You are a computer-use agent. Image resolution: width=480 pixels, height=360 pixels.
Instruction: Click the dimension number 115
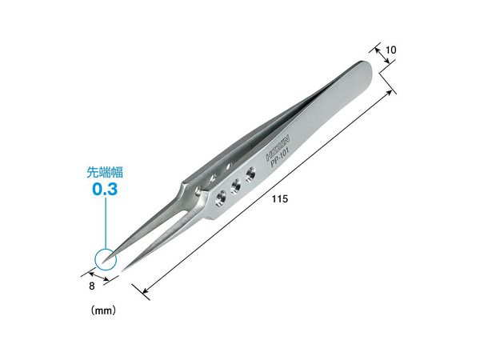tap(280, 199)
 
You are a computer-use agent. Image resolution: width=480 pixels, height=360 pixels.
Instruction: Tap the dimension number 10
tap(390, 50)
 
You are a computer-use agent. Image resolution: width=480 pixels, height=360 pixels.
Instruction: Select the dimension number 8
tap(92, 286)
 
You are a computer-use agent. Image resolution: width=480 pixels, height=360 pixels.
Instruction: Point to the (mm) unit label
tap(103, 310)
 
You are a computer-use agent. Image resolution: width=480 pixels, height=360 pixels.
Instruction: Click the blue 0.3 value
tap(105, 189)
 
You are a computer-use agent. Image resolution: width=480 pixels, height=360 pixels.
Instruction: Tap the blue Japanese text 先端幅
tap(105, 172)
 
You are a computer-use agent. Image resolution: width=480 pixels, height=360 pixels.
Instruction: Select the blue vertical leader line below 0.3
tap(106, 223)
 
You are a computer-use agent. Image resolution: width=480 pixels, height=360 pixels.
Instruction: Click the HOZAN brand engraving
tap(278, 149)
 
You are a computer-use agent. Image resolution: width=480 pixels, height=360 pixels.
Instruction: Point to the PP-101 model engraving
tap(280, 157)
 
